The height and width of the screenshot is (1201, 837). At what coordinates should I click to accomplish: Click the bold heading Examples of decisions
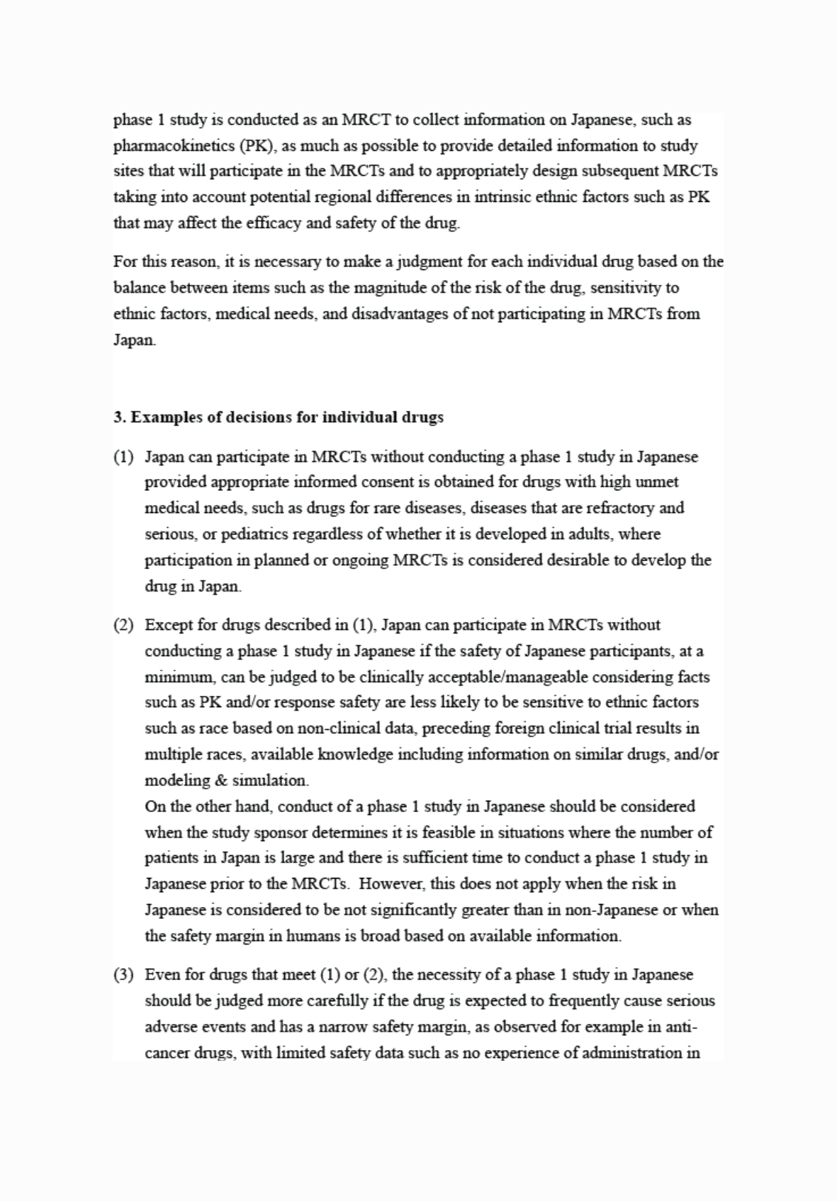(279, 417)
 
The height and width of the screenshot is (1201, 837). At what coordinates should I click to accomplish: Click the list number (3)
(124, 975)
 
